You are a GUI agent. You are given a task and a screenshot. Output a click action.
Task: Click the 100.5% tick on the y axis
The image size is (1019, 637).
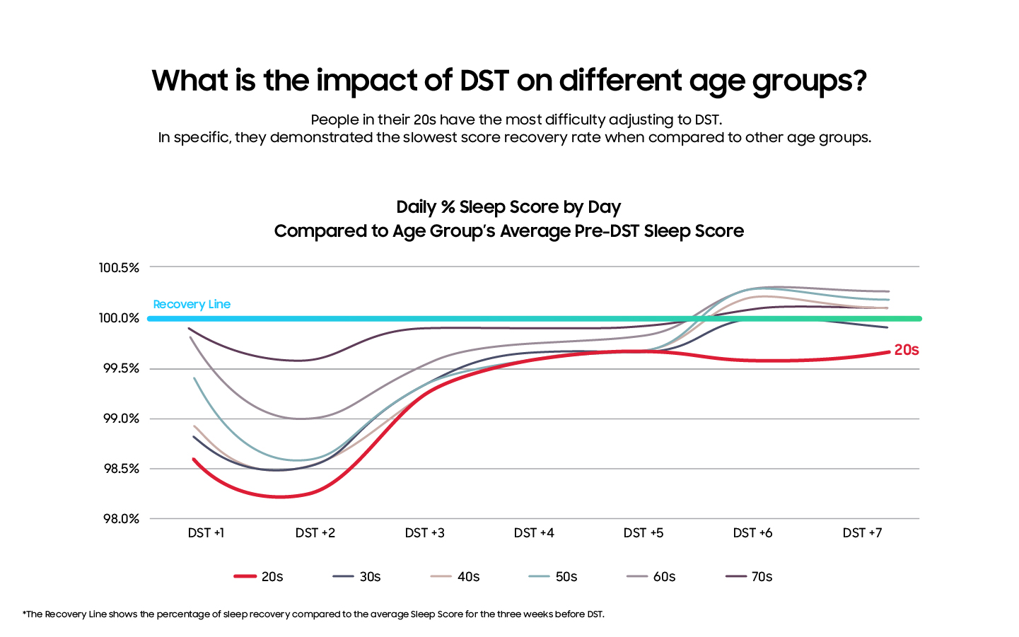pyautogui.click(x=119, y=268)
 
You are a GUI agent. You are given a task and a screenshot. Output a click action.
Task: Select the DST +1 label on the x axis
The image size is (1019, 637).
pyautogui.click(x=206, y=533)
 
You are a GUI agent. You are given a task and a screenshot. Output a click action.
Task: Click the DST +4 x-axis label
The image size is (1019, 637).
pyautogui.click(x=534, y=533)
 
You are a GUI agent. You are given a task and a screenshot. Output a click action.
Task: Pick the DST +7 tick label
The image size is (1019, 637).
pyautogui.click(x=862, y=533)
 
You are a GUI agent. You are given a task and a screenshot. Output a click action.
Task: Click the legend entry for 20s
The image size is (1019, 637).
pyautogui.click(x=259, y=577)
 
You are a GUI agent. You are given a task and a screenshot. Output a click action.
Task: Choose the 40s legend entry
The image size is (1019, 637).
pyautogui.click(x=455, y=577)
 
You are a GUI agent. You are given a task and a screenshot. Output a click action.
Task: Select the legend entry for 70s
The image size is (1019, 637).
pyautogui.click(x=750, y=577)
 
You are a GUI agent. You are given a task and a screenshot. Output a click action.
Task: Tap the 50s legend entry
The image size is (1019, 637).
pyautogui.click(x=554, y=577)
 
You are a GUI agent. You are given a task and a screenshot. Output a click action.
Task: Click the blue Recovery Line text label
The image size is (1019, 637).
pyautogui.click(x=192, y=305)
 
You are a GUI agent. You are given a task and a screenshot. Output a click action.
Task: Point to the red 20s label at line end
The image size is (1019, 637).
pyautogui.click(x=906, y=350)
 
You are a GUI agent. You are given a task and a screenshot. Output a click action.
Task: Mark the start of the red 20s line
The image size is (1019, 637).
pyautogui.click(x=194, y=459)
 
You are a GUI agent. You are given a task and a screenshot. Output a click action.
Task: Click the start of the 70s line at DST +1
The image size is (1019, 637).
pyautogui.click(x=189, y=328)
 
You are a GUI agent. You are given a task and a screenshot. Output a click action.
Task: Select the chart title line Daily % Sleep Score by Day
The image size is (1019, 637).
pyautogui.click(x=508, y=207)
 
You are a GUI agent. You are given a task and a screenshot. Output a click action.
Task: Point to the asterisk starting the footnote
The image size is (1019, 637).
pyautogui.click(x=24, y=613)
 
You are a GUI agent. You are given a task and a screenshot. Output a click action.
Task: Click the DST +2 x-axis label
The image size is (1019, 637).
pyautogui.click(x=315, y=533)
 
